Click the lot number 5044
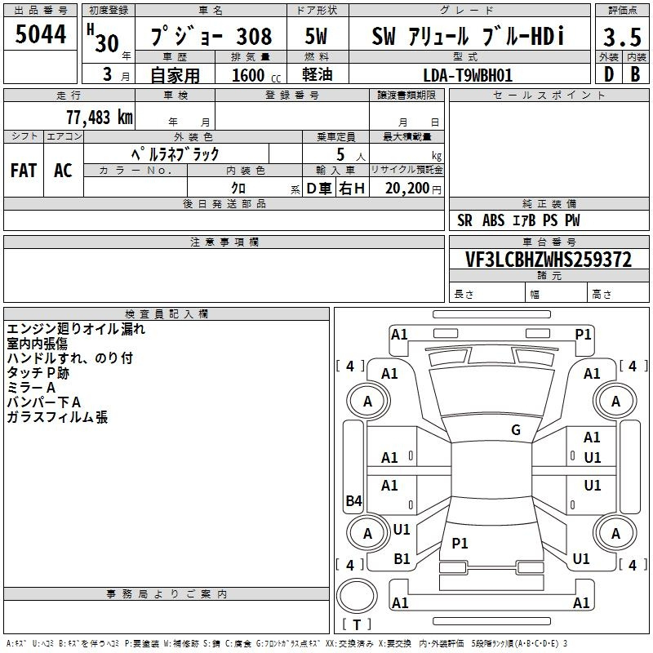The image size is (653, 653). [40, 33]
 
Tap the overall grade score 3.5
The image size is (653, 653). [622, 37]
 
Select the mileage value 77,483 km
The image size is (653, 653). [100, 118]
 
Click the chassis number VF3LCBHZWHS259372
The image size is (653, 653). [549, 260]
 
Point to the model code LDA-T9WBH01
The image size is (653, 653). [468, 75]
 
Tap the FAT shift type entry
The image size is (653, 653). [24, 171]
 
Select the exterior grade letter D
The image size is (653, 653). [609, 74]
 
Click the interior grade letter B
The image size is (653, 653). [635, 74]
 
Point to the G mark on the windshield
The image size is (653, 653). [516, 429]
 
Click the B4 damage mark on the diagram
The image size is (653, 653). [354, 500]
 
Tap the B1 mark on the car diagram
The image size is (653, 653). [402, 558]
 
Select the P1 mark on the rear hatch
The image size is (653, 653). [460, 543]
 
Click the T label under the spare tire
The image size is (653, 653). [357, 624]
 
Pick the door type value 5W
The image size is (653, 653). [316, 36]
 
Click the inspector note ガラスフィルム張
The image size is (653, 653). [57, 417]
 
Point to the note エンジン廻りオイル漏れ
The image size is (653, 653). [76, 329]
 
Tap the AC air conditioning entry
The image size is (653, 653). [63, 171]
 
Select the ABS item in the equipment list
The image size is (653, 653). [493, 220]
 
